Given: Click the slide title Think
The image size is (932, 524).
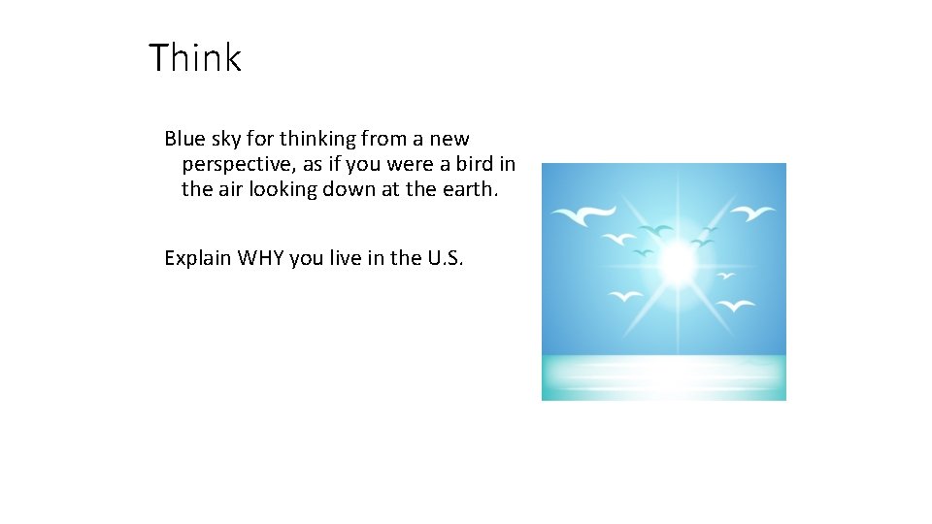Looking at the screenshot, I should click(x=194, y=58).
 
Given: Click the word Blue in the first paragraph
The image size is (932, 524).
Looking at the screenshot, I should click(x=183, y=139).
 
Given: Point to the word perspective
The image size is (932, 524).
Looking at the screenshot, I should click(x=237, y=165).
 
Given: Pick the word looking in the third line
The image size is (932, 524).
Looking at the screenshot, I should click(x=285, y=189).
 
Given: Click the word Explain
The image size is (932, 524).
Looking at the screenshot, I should click(x=199, y=258).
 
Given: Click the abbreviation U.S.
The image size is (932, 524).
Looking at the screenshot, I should click(x=446, y=257).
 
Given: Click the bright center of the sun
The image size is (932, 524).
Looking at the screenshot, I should click(x=676, y=260).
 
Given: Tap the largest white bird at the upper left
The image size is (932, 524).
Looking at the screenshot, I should click(x=582, y=213).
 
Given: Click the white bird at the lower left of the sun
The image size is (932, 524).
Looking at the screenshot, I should click(x=624, y=297).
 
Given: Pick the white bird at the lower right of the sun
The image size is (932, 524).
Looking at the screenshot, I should click(x=736, y=306).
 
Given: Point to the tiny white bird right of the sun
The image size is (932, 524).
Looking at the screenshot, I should click(x=724, y=276).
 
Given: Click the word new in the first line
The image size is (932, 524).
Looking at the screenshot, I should click(x=449, y=139).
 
